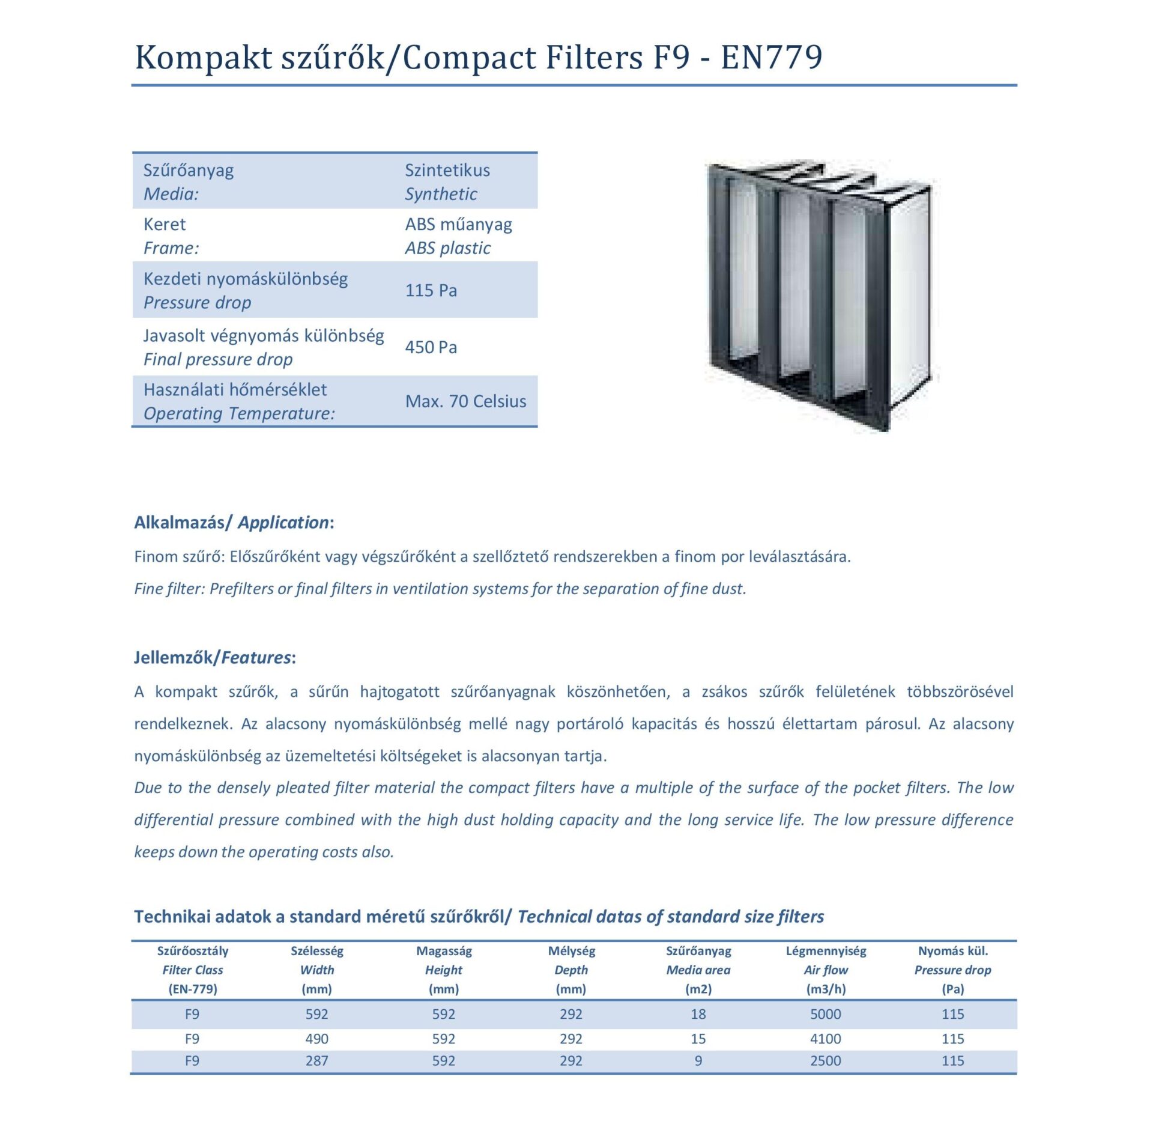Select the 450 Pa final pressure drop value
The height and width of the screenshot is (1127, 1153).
coord(431,347)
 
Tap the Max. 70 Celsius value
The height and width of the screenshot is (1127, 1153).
coord(465,401)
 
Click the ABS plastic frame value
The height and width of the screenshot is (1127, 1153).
coord(447,248)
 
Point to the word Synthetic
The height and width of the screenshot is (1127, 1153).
coord(441,194)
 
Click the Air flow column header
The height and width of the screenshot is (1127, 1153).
coord(826,970)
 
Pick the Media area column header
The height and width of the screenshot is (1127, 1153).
coord(698,970)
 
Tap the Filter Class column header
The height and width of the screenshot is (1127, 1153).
coord(192,970)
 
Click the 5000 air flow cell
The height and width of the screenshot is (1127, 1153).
coord(826,1014)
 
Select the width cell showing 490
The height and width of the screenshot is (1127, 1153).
coord(316,1039)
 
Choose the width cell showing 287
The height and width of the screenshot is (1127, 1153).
coord(316,1061)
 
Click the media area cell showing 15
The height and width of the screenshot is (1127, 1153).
coord(698,1039)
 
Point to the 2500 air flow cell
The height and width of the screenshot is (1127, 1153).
coord(826,1061)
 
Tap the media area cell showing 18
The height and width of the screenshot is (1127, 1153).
coord(698,1014)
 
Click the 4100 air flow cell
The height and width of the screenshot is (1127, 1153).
coord(826,1039)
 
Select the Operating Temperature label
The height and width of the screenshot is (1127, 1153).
coord(239,413)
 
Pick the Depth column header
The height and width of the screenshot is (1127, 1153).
coord(571,970)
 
